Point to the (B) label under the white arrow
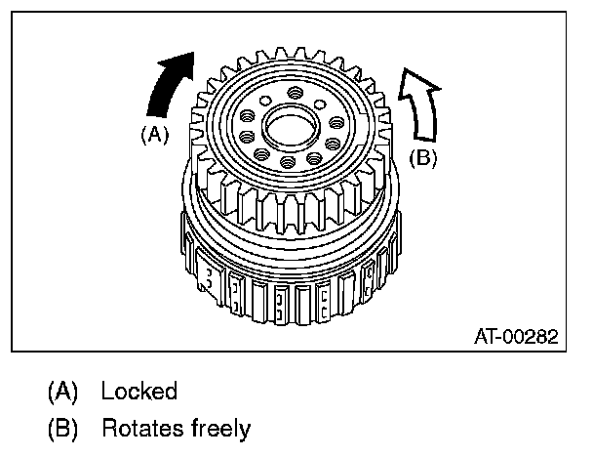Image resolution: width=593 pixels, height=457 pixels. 421,157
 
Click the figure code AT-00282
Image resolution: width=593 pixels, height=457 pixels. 516,337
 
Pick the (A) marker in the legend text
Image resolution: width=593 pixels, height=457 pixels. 64,392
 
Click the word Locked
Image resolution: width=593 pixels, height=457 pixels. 139,392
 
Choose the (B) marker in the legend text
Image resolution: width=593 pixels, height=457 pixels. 64,427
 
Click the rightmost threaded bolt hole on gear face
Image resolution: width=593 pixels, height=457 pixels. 336,123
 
